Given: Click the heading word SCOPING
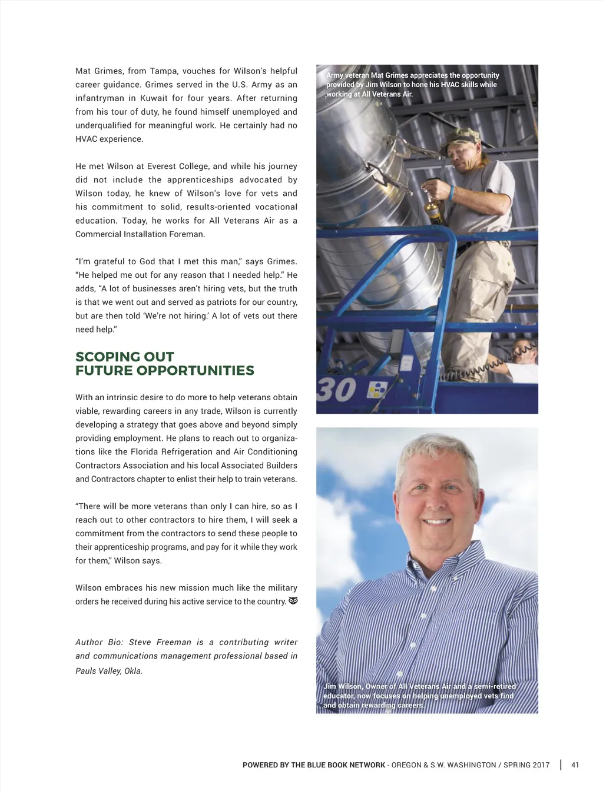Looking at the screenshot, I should [104, 357].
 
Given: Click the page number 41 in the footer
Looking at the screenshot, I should [575, 765].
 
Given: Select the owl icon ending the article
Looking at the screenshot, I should [293, 601].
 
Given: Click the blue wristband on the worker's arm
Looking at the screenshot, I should [452, 192].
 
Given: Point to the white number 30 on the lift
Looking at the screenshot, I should [337, 390].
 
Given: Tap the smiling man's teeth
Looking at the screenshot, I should [437, 521].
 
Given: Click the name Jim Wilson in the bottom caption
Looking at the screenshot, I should [343, 686].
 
